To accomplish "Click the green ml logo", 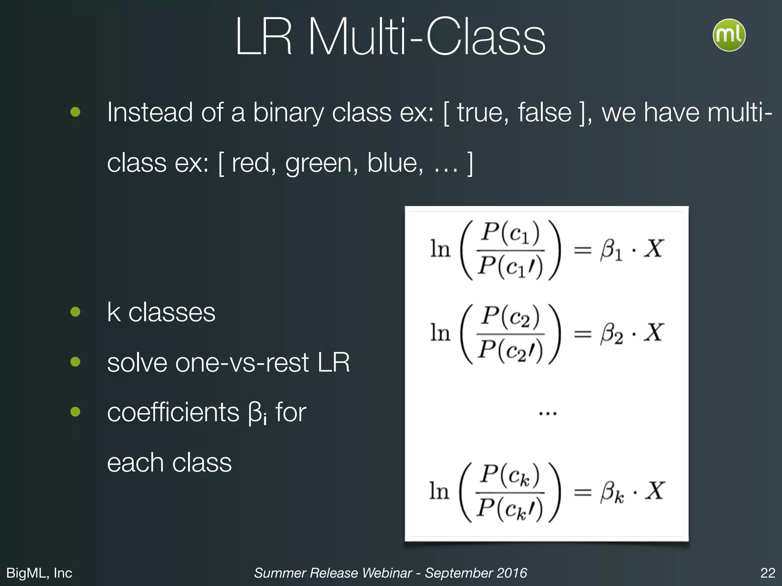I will pos(729,35).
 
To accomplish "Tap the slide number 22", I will pos(767,573).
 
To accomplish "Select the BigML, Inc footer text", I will pos(39,573).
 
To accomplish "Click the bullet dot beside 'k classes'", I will pos(76,312).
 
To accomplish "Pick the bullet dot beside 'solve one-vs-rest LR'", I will pos(76,362).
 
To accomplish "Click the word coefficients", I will pos(173,412).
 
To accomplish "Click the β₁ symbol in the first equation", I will pos(611,250).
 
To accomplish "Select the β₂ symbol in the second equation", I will pos(611,334).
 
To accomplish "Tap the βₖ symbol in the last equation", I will pos(612,492).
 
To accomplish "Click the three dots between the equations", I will pos(548,413).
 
